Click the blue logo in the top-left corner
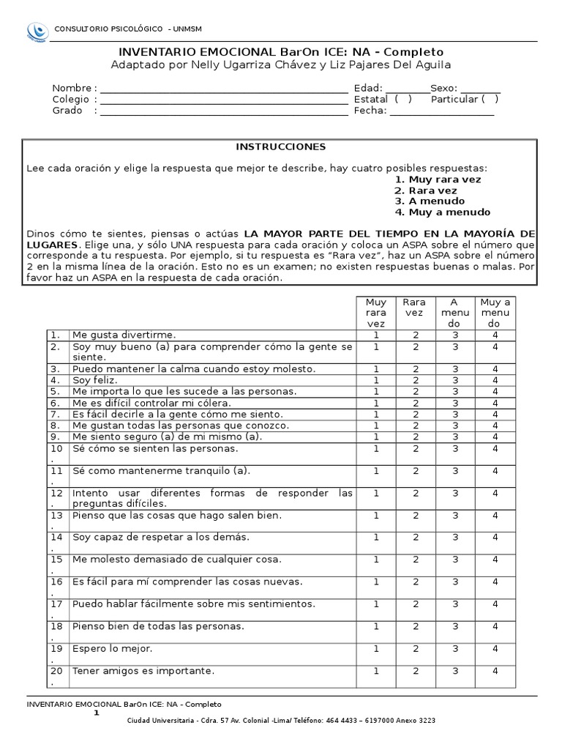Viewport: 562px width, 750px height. click(36, 30)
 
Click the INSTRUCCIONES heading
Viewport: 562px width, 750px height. click(280, 146)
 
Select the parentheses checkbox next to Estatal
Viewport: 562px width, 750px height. click(402, 100)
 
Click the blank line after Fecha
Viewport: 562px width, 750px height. click(442, 112)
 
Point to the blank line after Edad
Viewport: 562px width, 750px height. click(407, 89)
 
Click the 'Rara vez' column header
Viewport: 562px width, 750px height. click(415, 308)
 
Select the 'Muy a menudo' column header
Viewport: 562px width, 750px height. click(495, 313)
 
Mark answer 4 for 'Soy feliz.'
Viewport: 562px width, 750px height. click(495, 380)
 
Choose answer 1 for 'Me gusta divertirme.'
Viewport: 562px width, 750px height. click(376, 335)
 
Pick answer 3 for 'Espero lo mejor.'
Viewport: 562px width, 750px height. click(455, 648)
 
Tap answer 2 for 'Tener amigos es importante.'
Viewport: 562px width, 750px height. click(415, 670)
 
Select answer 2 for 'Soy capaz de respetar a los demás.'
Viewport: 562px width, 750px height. click(415, 537)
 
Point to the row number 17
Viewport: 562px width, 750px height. click(56, 604)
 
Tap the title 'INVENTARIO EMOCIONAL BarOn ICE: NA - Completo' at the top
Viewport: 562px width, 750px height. click(281, 52)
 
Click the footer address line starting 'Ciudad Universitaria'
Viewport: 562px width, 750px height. click(281, 721)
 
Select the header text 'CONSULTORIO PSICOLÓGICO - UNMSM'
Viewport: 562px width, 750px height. click(128, 29)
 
